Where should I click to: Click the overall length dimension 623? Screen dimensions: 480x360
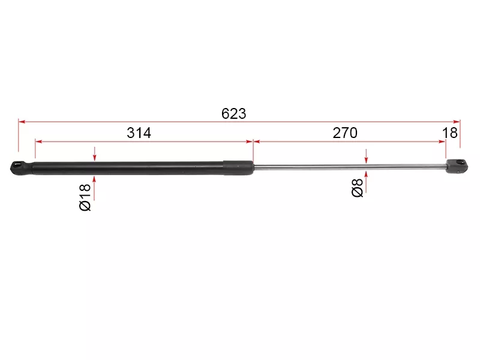[233, 113]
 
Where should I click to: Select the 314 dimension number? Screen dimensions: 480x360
[139, 133]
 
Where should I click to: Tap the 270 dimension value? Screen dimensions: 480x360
[345, 133]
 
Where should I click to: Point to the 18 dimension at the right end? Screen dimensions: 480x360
[449, 133]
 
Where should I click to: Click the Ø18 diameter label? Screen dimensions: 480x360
[85, 197]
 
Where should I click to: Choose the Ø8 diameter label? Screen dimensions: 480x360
[357, 188]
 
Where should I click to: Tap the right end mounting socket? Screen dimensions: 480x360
[457, 166]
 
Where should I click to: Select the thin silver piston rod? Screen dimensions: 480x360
[350, 166]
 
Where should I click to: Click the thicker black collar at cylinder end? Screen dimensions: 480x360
[238, 168]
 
